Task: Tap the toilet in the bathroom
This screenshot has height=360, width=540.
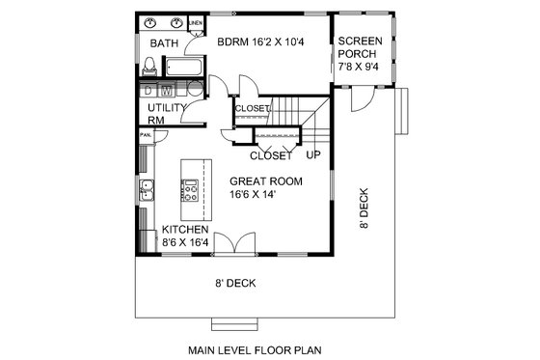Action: pos(150,66)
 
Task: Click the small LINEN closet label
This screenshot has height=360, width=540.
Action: pos(195,20)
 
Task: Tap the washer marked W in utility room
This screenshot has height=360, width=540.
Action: pos(165,91)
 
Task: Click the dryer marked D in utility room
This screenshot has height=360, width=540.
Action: pos(149,91)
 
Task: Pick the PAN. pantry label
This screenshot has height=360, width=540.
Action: pos(146,135)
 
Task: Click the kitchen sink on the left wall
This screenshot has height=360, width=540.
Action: pos(147,189)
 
